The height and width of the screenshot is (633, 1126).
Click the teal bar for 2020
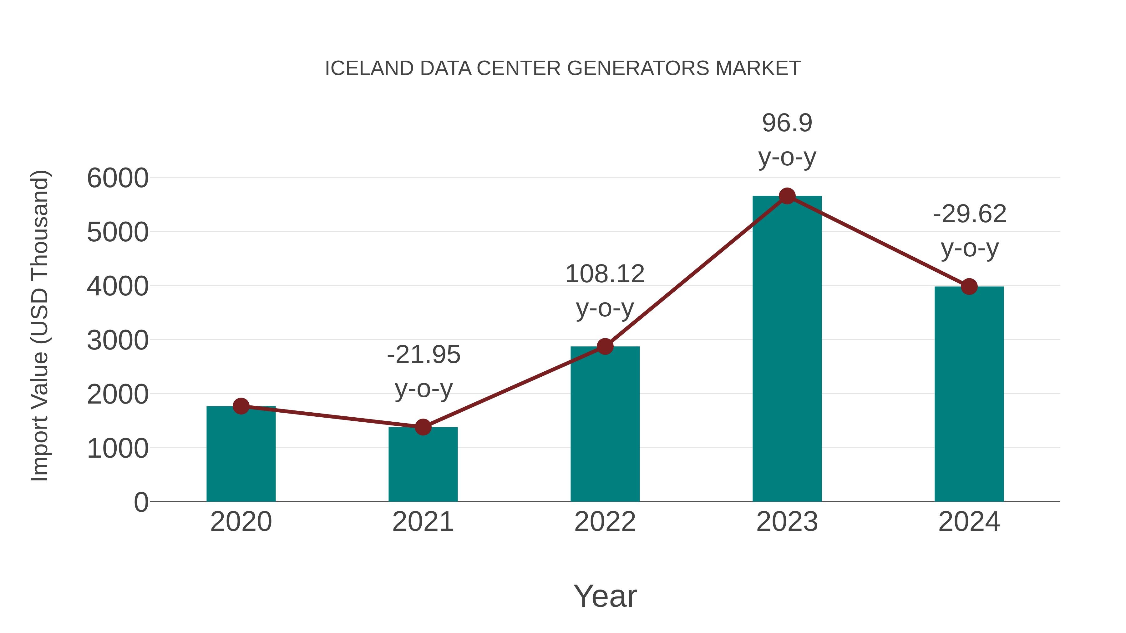tap(241, 454)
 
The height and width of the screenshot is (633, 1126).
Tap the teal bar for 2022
tap(605, 424)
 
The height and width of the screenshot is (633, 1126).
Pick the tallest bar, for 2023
tap(787, 349)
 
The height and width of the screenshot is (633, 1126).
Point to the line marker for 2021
tap(423, 427)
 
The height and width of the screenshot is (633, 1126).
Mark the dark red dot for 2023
tap(787, 196)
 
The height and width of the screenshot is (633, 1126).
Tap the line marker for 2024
tap(969, 287)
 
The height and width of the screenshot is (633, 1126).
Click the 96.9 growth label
tap(787, 123)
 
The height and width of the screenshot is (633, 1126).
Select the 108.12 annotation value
tap(605, 274)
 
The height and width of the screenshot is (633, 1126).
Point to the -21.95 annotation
tap(424, 354)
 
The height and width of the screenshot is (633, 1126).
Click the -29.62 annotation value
tap(970, 214)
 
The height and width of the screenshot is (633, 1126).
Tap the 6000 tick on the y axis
tap(118, 178)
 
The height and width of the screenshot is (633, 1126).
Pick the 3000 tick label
tap(118, 340)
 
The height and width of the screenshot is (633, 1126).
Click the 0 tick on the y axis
tap(141, 502)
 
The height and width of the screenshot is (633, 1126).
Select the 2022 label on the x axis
tap(605, 522)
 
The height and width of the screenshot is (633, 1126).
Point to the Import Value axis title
tap(39, 325)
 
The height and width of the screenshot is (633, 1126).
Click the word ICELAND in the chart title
tap(369, 68)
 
